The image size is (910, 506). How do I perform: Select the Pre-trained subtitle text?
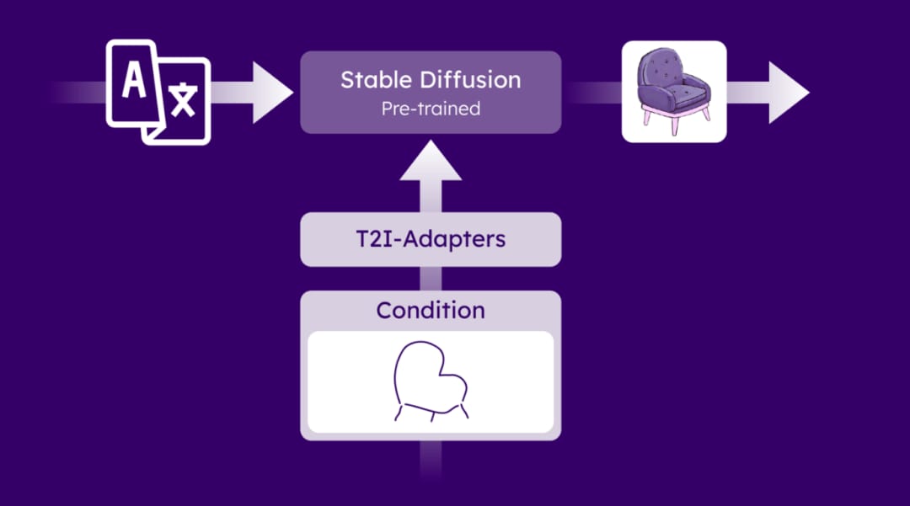(x=431, y=109)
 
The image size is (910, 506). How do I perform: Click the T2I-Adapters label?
(x=431, y=239)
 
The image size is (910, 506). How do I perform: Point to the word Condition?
(x=431, y=310)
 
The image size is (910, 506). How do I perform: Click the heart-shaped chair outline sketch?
(x=431, y=381)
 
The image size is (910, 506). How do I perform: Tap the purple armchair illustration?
(x=674, y=91)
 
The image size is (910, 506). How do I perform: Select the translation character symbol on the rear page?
(x=184, y=99)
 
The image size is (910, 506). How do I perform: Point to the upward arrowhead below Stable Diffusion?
(x=431, y=161)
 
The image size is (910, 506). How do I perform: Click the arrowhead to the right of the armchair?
(x=788, y=93)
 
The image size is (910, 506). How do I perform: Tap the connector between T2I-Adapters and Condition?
(x=431, y=279)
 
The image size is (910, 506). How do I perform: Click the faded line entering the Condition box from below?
(x=431, y=461)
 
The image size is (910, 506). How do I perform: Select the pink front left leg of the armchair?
(x=647, y=118)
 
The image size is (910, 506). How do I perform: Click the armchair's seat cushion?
(x=681, y=95)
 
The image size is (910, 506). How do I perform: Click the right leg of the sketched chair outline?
(x=464, y=411)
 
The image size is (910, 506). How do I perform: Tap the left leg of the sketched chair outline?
(x=399, y=413)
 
